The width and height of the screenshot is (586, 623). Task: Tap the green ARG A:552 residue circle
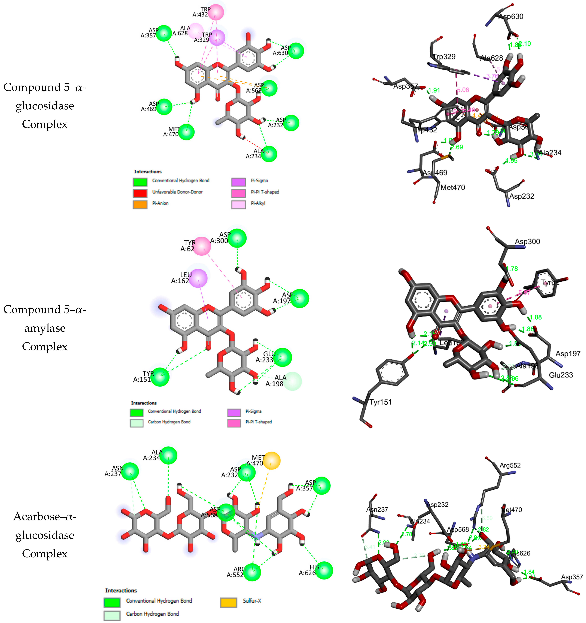pyautogui.click(x=252, y=572)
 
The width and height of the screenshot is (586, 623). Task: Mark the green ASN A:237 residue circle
pyautogui.click(x=130, y=471)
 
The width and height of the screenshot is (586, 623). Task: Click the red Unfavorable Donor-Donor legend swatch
pyautogui.click(x=140, y=193)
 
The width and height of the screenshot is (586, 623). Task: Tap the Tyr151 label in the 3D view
pyautogui.click(x=381, y=402)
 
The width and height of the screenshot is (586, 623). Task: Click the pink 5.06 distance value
pyautogui.click(x=463, y=90)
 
